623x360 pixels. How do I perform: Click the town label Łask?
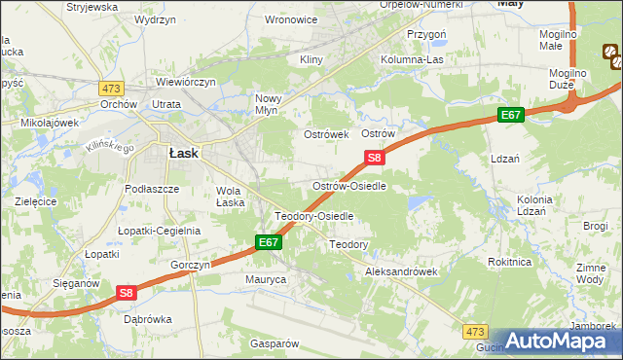click(x=184, y=153)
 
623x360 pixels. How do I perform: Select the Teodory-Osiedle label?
click(x=313, y=216)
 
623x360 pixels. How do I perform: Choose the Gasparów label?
click(x=273, y=343)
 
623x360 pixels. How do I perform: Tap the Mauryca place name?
click(x=266, y=278)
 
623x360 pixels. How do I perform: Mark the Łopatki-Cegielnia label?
click(x=159, y=231)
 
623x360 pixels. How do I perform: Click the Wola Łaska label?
click(x=230, y=197)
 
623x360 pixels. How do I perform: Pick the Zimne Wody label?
click(x=591, y=272)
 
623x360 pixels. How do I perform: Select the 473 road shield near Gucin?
click(x=474, y=332)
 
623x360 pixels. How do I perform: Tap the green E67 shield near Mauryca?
click(x=270, y=241)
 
